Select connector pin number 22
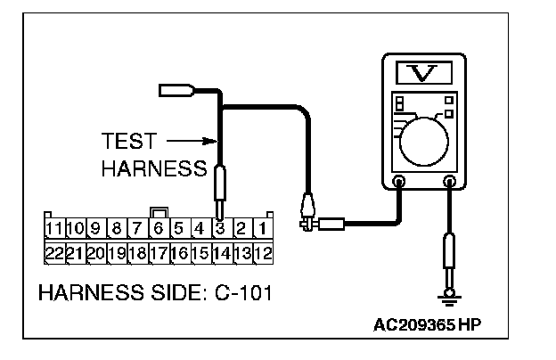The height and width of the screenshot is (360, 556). (x=55, y=252)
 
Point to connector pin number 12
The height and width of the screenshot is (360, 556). (x=263, y=252)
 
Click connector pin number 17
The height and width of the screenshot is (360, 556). (x=159, y=252)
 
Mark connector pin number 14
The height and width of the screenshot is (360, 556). (x=221, y=252)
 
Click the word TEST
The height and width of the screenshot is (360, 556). (x=129, y=141)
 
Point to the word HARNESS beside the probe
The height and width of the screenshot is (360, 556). (x=155, y=168)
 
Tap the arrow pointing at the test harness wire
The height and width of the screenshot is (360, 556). (x=193, y=140)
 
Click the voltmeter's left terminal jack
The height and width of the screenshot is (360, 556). (x=398, y=183)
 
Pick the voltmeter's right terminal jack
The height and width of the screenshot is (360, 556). (x=450, y=183)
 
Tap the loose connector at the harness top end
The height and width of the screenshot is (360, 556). (x=173, y=89)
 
